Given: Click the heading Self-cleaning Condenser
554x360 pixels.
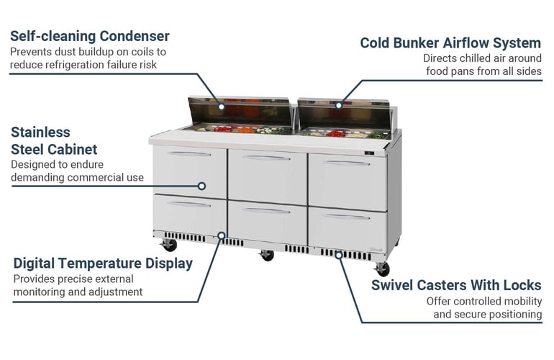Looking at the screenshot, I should pyautogui.click(x=90, y=36).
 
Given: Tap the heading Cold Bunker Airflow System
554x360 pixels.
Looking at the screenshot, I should pyautogui.click(x=450, y=43).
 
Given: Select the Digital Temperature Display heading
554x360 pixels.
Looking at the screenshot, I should pyautogui.click(x=103, y=264).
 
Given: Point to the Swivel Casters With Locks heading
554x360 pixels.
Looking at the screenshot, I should pyautogui.click(x=456, y=285).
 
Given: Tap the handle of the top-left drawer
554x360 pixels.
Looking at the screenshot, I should pyautogui.click(x=189, y=153).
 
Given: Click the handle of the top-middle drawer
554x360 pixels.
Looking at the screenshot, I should pyautogui.click(x=266, y=158).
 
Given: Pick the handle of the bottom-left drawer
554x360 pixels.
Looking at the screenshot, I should pyautogui.click(x=189, y=204).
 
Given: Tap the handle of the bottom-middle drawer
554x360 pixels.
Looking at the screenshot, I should pyautogui.click(x=266, y=210).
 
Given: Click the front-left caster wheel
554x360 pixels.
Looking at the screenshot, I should pyautogui.click(x=171, y=246).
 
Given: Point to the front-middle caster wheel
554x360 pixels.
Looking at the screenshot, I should pyautogui.click(x=267, y=255).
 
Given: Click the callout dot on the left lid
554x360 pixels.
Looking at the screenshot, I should pyautogui.click(x=222, y=106).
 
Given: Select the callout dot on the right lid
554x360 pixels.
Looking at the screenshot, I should pyautogui.click(x=339, y=105).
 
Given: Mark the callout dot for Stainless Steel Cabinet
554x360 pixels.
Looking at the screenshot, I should pyautogui.click(x=202, y=186).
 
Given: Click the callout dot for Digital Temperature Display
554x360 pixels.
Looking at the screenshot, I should pyautogui.click(x=222, y=235).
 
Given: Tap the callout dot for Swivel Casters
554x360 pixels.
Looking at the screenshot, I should pyautogui.click(x=338, y=254).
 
